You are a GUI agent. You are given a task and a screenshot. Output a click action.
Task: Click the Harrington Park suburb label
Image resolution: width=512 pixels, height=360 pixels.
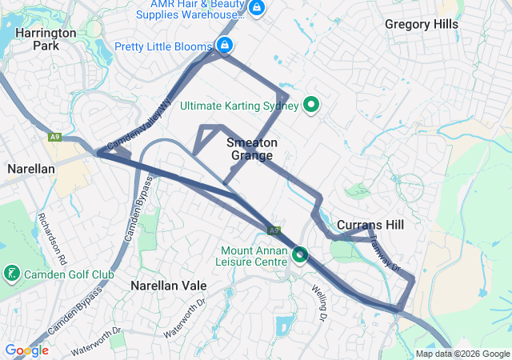[x=46, y=39]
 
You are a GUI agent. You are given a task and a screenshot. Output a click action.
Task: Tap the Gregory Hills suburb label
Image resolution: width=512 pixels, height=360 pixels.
[x=422, y=24]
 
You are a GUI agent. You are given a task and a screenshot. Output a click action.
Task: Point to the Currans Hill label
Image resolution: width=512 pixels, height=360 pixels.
[x=370, y=225]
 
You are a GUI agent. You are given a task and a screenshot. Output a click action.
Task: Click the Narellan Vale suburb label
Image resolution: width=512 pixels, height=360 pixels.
[x=169, y=286]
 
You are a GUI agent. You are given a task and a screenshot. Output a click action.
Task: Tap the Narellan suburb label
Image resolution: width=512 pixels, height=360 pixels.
[x=30, y=169]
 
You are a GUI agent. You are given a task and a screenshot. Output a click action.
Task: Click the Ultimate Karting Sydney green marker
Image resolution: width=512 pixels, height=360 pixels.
[x=311, y=105]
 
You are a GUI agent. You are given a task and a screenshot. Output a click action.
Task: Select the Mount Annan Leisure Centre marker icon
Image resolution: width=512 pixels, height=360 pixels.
[x=300, y=254]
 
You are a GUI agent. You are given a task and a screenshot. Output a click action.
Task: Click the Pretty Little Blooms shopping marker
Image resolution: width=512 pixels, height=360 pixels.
[x=226, y=45]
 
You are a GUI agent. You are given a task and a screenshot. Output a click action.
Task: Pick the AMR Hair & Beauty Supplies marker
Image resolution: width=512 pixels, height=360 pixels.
[x=257, y=9]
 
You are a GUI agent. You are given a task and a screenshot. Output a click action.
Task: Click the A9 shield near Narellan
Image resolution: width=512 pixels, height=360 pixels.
[x=54, y=138]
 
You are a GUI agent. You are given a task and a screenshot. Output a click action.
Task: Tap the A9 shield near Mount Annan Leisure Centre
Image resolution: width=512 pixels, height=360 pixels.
[x=274, y=230]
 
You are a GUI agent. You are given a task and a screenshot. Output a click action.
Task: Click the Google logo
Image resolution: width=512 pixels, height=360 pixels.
[x=26, y=350]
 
